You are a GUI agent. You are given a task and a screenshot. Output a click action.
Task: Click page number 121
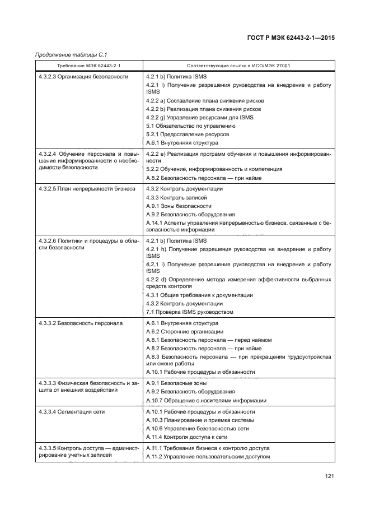point(329,476)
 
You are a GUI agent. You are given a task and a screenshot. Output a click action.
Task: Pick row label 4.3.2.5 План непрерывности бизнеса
point(86,189)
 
